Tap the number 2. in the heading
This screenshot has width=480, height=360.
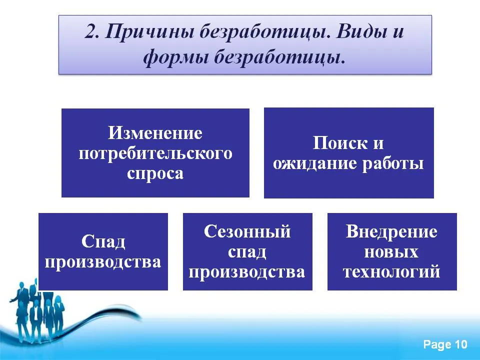tap(92, 31)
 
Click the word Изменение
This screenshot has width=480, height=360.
tap(155, 133)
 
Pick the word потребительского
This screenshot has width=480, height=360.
tap(155, 153)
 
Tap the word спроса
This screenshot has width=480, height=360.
tap(155, 173)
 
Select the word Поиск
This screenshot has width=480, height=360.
tap(340, 143)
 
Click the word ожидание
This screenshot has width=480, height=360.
tap(315, 163)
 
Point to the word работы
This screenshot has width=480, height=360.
tap(393, 163)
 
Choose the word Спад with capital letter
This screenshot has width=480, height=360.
tap(103, 241)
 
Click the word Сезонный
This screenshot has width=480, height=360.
tap(247, 231)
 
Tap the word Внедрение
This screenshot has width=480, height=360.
tap(391, 231)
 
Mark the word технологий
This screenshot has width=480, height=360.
tap(391, 272)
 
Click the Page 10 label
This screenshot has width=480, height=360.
tap(445, 344)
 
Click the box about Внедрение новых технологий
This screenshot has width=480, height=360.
tap(392, 251)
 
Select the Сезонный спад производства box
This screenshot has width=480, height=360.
tap(247, 251)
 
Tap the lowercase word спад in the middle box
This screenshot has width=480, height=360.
tap(247, 252)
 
